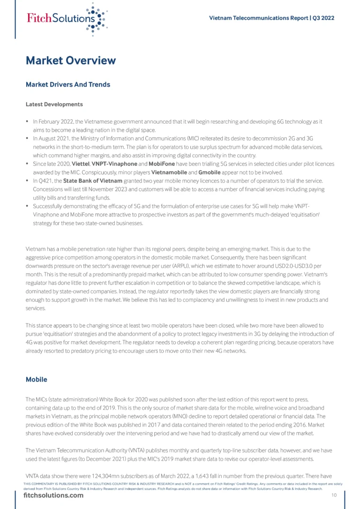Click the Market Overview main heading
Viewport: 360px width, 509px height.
pos(70,60)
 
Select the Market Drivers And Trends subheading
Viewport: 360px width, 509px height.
pos(67,85)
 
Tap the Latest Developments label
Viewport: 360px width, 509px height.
pos(54,104)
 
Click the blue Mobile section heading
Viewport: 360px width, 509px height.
pos(37,379)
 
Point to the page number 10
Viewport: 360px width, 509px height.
pos(334,495)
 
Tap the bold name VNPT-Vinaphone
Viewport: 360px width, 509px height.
pos(114,164)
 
